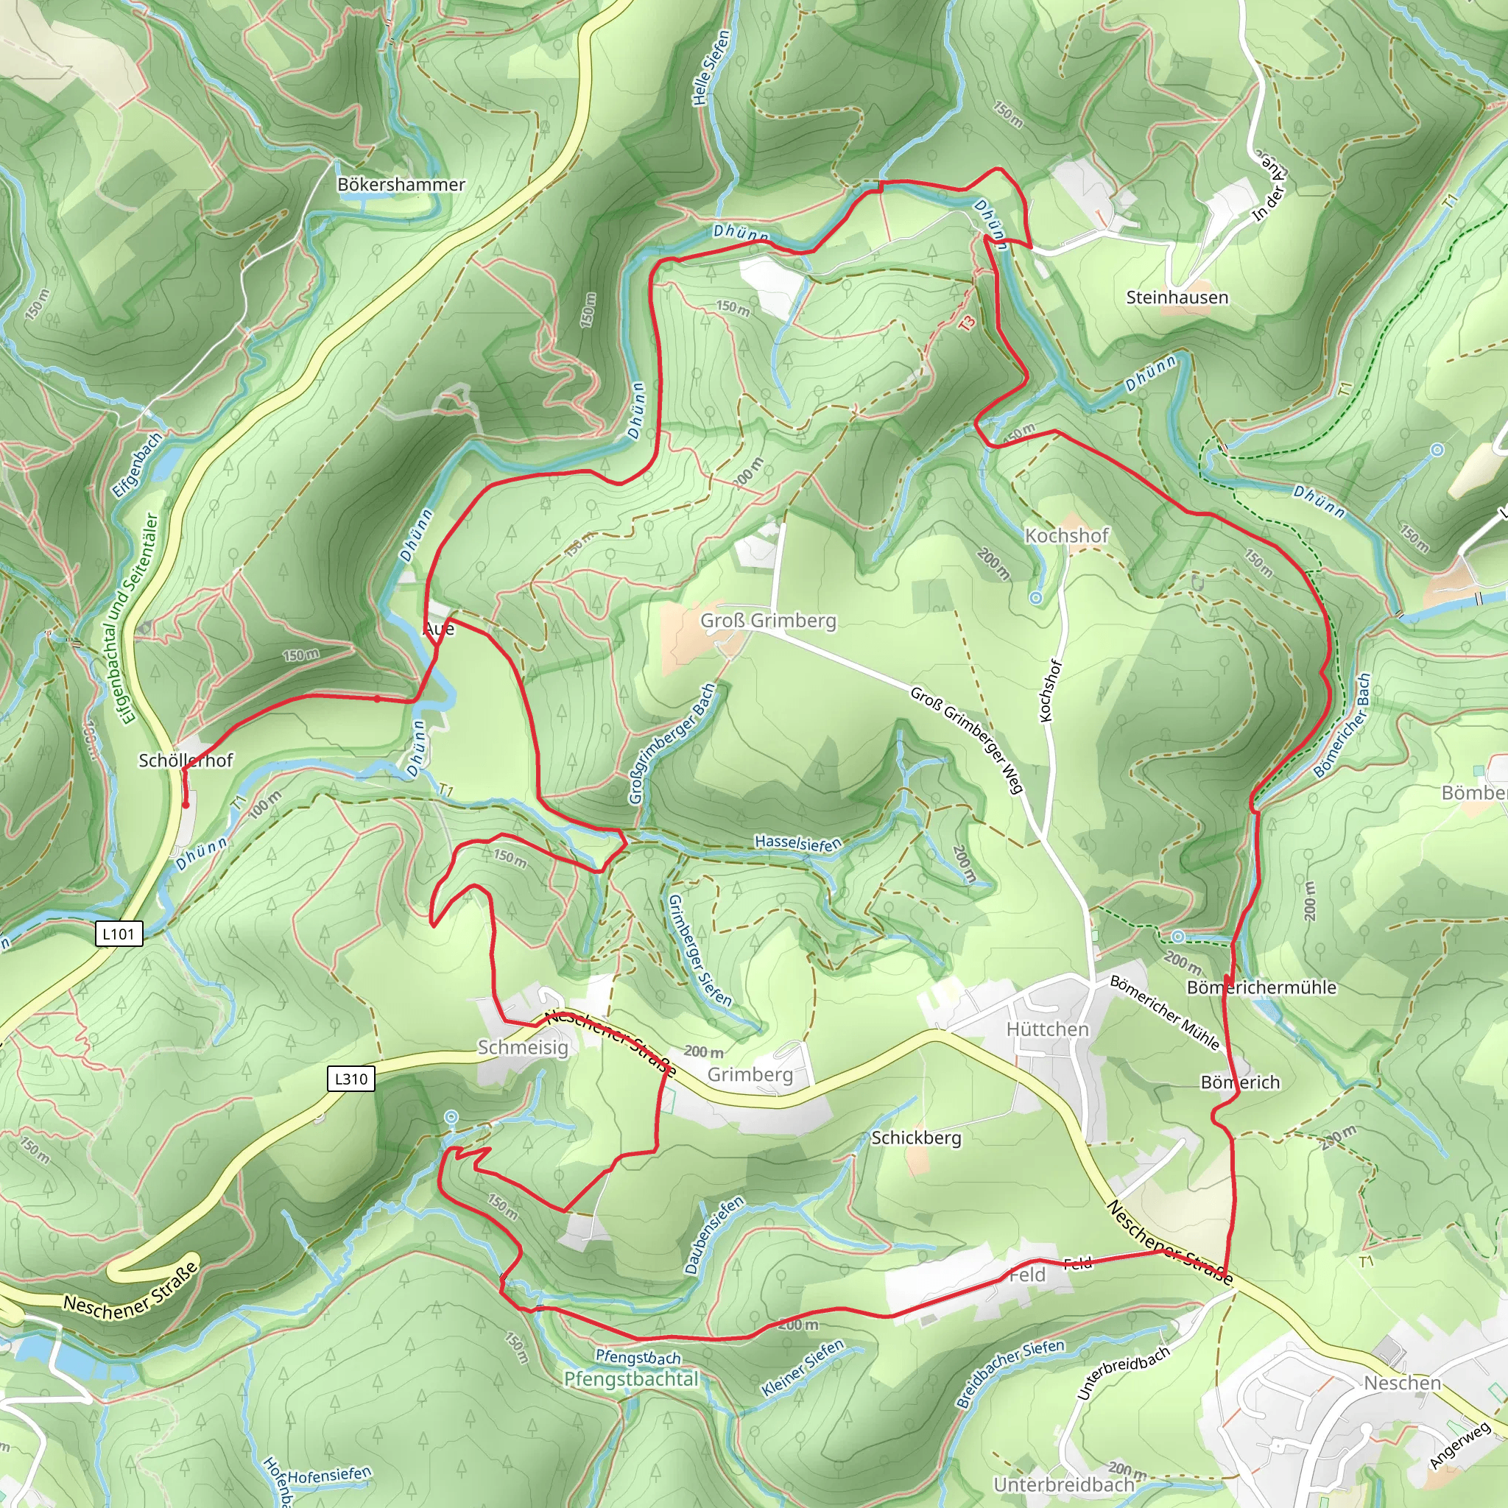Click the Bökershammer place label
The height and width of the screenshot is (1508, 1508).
[401, 184]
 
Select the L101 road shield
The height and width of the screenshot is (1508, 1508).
[119, 934]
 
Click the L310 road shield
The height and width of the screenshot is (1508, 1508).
[350, 1079]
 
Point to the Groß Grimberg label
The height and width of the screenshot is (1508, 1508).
[768, 621]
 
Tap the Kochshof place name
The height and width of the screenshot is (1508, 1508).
[1066, 535]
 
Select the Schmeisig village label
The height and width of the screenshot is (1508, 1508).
[522, 1047]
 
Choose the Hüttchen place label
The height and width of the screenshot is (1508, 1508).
[1047, 1029]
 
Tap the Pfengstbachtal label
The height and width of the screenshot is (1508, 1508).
[631, 1379]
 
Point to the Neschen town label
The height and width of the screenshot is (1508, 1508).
[1402, 1383]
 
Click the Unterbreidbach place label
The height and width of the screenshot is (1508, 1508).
[1063, 1484]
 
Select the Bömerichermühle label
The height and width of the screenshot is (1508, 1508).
[1261, 987]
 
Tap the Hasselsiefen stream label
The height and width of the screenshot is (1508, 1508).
[797, 843]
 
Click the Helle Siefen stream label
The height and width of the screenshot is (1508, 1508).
[711, 68]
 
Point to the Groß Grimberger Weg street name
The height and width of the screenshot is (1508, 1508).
[966, 739]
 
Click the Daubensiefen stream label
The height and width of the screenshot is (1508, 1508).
[714, 1236]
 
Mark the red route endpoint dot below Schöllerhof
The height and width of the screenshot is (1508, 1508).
[186, 806]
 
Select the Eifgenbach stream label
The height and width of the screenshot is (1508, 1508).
[138, 465]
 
